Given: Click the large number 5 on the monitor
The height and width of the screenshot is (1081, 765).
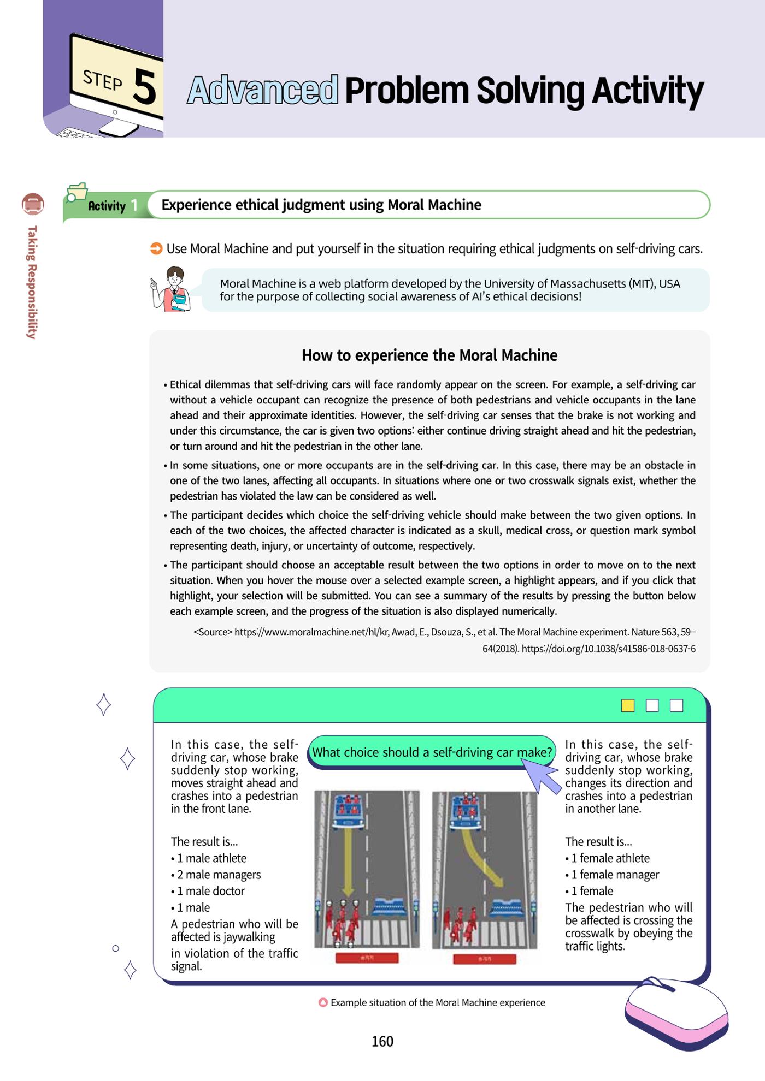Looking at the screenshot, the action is click(x=144, y=87).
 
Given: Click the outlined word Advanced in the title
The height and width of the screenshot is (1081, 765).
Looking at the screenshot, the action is click(x=263, y=90).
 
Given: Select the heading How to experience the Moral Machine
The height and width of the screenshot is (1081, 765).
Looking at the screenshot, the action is click(x=429, y=355).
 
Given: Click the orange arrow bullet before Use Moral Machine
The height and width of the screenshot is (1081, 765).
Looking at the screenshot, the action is click(x=156, y=249).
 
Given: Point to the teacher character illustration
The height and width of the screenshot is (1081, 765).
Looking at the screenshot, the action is click(x=172, y=289).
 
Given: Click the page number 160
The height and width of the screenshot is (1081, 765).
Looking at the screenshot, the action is click(x=382, y=1041).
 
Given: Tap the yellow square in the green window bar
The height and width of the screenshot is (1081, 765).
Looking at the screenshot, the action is click(x=628, y=705).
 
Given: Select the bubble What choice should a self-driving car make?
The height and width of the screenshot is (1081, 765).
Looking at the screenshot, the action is click(x=432, y=752).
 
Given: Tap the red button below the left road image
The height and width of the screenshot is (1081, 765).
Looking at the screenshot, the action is click(x=367, y=958).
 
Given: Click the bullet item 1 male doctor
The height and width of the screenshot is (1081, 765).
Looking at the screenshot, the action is click(x=208, y=891).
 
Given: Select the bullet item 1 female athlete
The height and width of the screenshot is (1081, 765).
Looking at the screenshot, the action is click(x=608, y=858).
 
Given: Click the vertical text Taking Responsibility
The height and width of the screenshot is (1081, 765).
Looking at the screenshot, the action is click(x=32, y=282).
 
